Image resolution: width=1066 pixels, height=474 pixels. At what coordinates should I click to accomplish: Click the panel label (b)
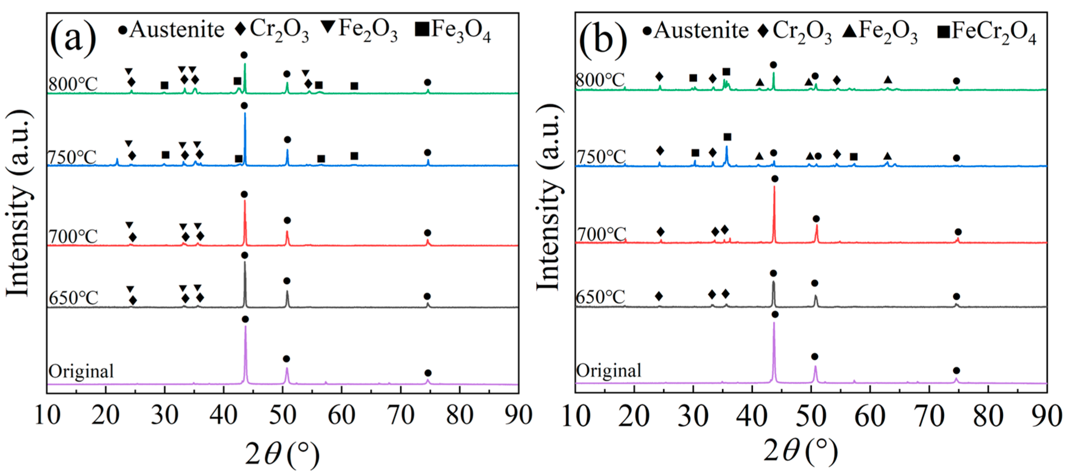603,40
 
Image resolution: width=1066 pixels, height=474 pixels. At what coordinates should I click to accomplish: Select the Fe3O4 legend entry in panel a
453,30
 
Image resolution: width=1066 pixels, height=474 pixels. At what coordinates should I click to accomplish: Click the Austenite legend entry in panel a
171,30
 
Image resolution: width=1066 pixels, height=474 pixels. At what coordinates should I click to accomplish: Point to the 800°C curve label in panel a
73,84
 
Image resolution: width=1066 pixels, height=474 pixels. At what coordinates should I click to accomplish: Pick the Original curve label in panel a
81,371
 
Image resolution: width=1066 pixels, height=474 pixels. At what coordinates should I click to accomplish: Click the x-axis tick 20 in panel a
106,415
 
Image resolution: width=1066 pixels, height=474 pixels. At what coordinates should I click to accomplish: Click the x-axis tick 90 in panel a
518,415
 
